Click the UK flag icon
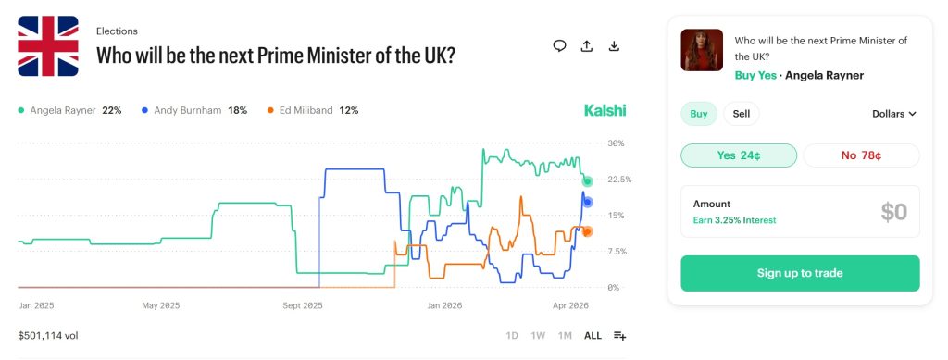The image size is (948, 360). click(x=48, y=46)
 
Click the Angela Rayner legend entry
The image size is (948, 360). click(x=70, y=110)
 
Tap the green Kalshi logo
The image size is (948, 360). click(x=605, y=110)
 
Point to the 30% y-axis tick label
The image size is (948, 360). click(x=616, y=143)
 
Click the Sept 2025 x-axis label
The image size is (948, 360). click(x=302, y=304)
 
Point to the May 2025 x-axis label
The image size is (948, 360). click(x=160, y=304)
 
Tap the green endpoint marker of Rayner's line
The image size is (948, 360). click(x=587, y=181)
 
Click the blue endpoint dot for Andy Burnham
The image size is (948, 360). click(x=587, y=202)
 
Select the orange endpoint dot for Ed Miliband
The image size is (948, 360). click(x=587, y=231)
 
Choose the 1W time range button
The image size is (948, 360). click(x=538, y=335)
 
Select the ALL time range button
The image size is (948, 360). click(x=592, y=335)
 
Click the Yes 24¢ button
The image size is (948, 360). click(x=738, y=155)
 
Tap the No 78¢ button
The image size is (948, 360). click(x=860, y=155)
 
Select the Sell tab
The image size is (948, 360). click(x=742, y=114)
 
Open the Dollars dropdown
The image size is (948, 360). click(x=893, y=114)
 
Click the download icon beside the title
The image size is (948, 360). click(x=614, y=46)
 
